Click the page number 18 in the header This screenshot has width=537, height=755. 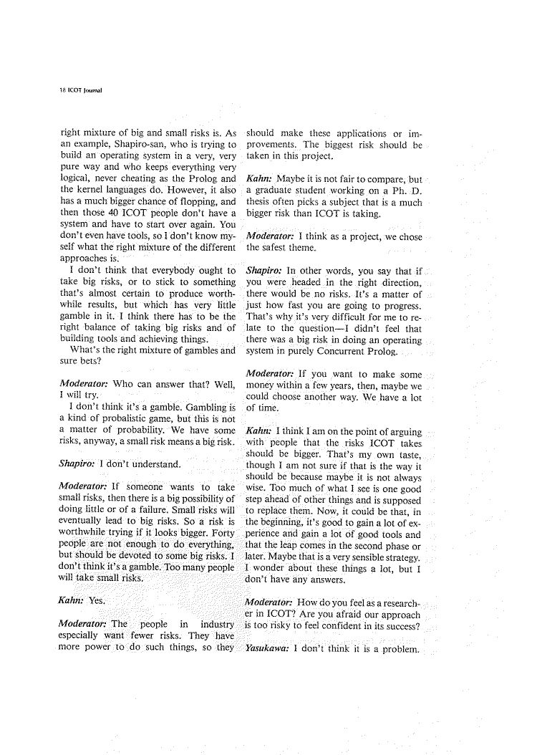[63, 92]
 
